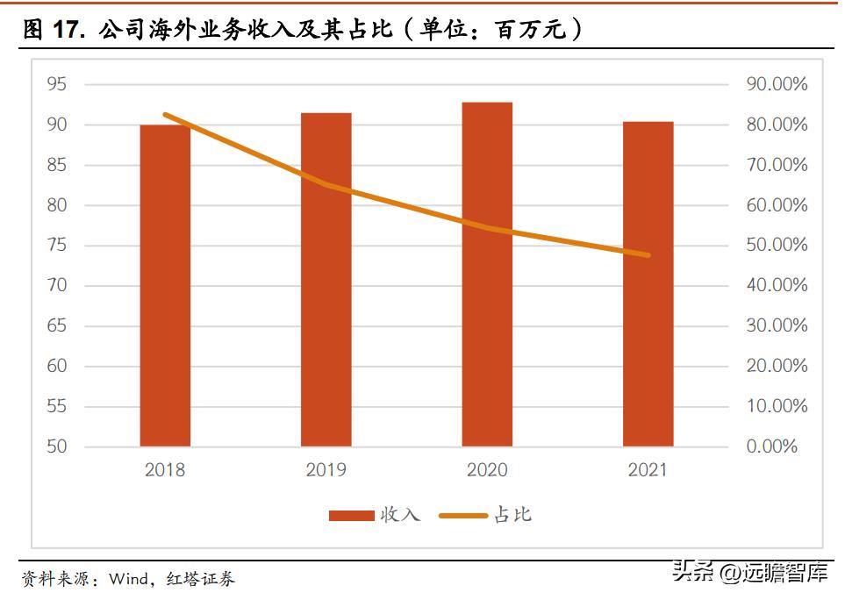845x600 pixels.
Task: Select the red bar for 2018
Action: click(x=165, y=285)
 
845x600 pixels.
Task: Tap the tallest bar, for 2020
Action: click(x=487, y=274)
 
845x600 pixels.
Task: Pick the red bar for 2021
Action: click(x=648, y=283)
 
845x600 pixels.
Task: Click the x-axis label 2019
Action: click(x=326, y=470)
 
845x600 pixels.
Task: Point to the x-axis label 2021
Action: click(x=648, y=470)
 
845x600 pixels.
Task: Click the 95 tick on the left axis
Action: click(x=57, y=84)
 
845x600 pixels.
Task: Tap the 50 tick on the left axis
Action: click(x=57, y=446)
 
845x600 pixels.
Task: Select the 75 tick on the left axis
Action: click(x=57, y=246)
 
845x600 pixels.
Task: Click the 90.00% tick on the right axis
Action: click(x=777, y=84)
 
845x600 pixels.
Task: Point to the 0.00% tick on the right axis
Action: click(x=772, y=446)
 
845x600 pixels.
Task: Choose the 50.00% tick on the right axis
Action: click(x=777, y=246)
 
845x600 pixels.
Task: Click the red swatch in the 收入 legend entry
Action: click(x=351, y=515)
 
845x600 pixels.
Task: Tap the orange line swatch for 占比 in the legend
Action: click(x=463, y=515)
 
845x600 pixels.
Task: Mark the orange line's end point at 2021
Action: click(x=648, y=255)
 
